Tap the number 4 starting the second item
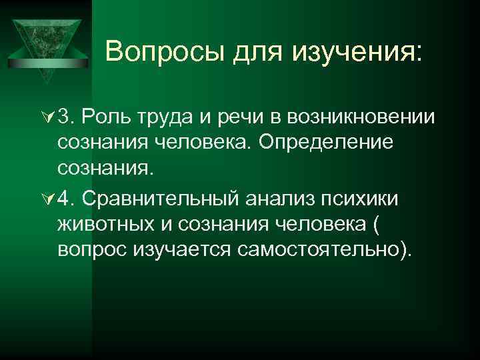pos(65,197)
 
